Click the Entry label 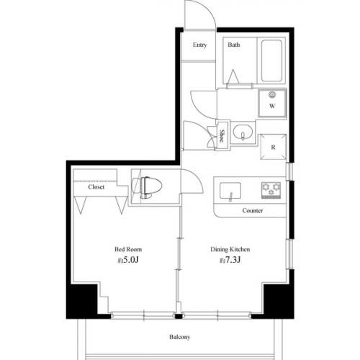pyautogui.click(x=199, y=45)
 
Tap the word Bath pyautogui.click(x=233, y=45)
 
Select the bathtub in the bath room pyautogui.click(x=271, y=60)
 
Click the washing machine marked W pyautogui.click(x=272, y=103)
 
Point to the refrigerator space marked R pyautogui.click(x=273, y=147)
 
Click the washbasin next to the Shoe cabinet pyautogui.click(x=243, y=132)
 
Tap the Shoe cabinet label pyautogui.click(x=221, y=135)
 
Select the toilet pyautogui.click(x=147, y=187)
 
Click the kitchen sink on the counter pyautogui.click(x=230, y=191)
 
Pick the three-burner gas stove pyautogui.click(x=271, y=190)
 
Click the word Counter pyautogui.click(x=252, y=211)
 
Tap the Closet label pyautogui.click(x=96, y=187)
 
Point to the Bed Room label pyautogui.click(x=128, y=249)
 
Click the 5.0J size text pyautogui.click(x=128, y=260)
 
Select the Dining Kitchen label pyautogui.click(x=230, y=249)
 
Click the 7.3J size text pyautogui.click(x=230, y=260)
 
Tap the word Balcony pyautogui.click(x=179, y=337)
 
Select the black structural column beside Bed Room pyautogui.click(x=81, y=301)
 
